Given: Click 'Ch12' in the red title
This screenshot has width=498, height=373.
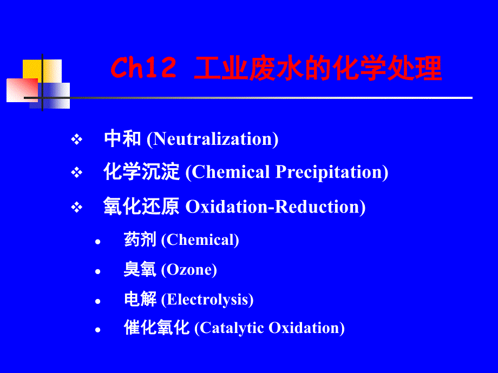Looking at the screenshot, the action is (x=143, y=68).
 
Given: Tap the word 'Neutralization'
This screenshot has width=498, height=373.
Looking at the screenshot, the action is (x=212, y=139).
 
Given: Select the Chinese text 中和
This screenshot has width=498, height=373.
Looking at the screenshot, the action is (x=122, y=138).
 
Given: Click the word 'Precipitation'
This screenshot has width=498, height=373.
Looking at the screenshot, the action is (x=329, y=172).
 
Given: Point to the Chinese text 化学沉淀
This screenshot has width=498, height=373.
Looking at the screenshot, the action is (x=141, y=171).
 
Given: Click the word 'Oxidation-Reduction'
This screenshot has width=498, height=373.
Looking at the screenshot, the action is (x=272, y=207).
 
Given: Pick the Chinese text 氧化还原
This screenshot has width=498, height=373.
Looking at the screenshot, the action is (x=141, y=206).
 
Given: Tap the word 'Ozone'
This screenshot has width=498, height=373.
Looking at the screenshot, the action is (x=189, y=270).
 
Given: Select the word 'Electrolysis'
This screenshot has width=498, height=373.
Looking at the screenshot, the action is (x=207, y=299).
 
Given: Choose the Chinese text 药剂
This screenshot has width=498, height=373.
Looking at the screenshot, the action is (x=140, y=239).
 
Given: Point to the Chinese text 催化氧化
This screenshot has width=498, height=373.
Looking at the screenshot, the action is (x=156, y=328).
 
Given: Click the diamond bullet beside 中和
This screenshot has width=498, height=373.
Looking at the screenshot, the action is (x=76, y=139).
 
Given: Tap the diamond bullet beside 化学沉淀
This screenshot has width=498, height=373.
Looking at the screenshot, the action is (x=76, y=173).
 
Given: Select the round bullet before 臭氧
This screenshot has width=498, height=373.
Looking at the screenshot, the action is (x=97, y=271).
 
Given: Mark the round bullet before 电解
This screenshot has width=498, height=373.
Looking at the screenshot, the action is (x=97, y=301).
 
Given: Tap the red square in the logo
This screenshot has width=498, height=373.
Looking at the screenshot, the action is (x=22, y=90).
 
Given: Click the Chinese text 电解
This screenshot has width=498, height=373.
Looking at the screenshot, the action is (x=140, y=299).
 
